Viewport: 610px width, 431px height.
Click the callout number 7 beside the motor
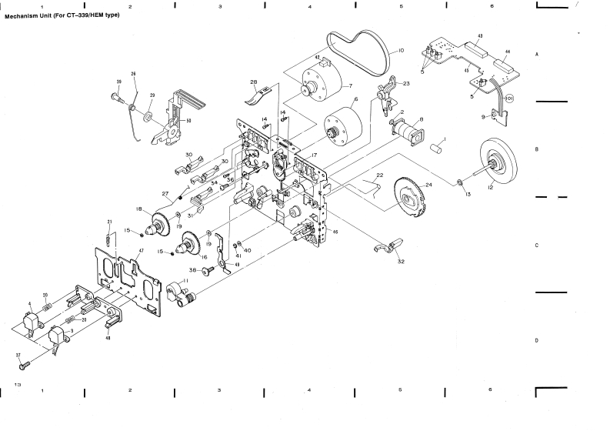[350, 85]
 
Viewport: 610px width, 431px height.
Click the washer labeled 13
[458, 182]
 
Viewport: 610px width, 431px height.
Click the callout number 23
[406, 83]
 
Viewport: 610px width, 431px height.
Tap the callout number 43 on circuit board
[480, 36]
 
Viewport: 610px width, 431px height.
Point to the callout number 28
[253, 82]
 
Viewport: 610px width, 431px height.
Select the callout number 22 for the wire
[379, 176]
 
